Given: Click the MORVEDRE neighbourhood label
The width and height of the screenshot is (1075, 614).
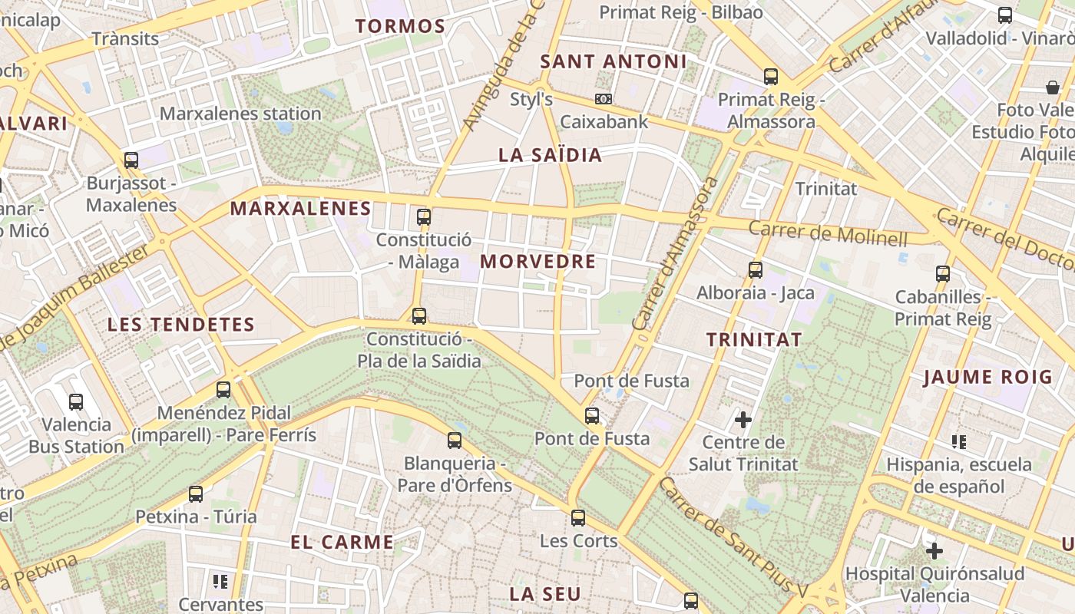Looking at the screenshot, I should click(x=537, y=262).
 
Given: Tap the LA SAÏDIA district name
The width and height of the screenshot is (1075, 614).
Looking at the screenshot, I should click(x=550, y=155).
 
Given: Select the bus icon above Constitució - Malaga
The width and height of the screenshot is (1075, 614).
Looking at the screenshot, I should click(x=424, y=216).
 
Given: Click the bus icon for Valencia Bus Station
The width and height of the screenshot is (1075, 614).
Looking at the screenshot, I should click(x=76, y=401).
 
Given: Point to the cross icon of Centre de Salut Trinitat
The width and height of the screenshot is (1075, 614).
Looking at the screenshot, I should click(x=743, y=419).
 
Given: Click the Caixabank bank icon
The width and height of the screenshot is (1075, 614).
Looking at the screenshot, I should click(x=604, y=99).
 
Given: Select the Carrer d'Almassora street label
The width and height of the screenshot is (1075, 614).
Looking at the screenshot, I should click(x=676, y=253).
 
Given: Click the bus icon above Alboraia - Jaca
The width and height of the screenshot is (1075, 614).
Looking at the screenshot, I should click(x=756, y=269).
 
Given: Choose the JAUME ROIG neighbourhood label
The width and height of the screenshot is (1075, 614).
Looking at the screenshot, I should click(x=987, y=377).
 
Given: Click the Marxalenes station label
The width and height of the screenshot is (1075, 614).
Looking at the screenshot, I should click(x=240, y=114).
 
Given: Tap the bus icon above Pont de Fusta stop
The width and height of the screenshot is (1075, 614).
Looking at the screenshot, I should click(x=592, y=416).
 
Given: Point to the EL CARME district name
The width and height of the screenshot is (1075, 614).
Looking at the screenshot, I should click(x=342, y=542).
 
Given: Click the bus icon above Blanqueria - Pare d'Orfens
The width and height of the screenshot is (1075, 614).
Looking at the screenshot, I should click(x=455, y=440).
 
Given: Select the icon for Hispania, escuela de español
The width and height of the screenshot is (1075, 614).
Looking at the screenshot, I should click(x=958, y=441).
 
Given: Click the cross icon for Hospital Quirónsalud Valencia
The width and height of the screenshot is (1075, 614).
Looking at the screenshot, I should click(x=934, y=550).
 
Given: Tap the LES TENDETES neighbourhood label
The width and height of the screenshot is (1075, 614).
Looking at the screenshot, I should click(x=180, y=325).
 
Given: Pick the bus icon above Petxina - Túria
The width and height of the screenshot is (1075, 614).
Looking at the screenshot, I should click(x=196, y=494).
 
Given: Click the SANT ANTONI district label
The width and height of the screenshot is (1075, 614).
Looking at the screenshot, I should click(x=613, y=61).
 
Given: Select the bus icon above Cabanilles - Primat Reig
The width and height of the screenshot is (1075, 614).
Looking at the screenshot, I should click(x=943, y=273).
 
